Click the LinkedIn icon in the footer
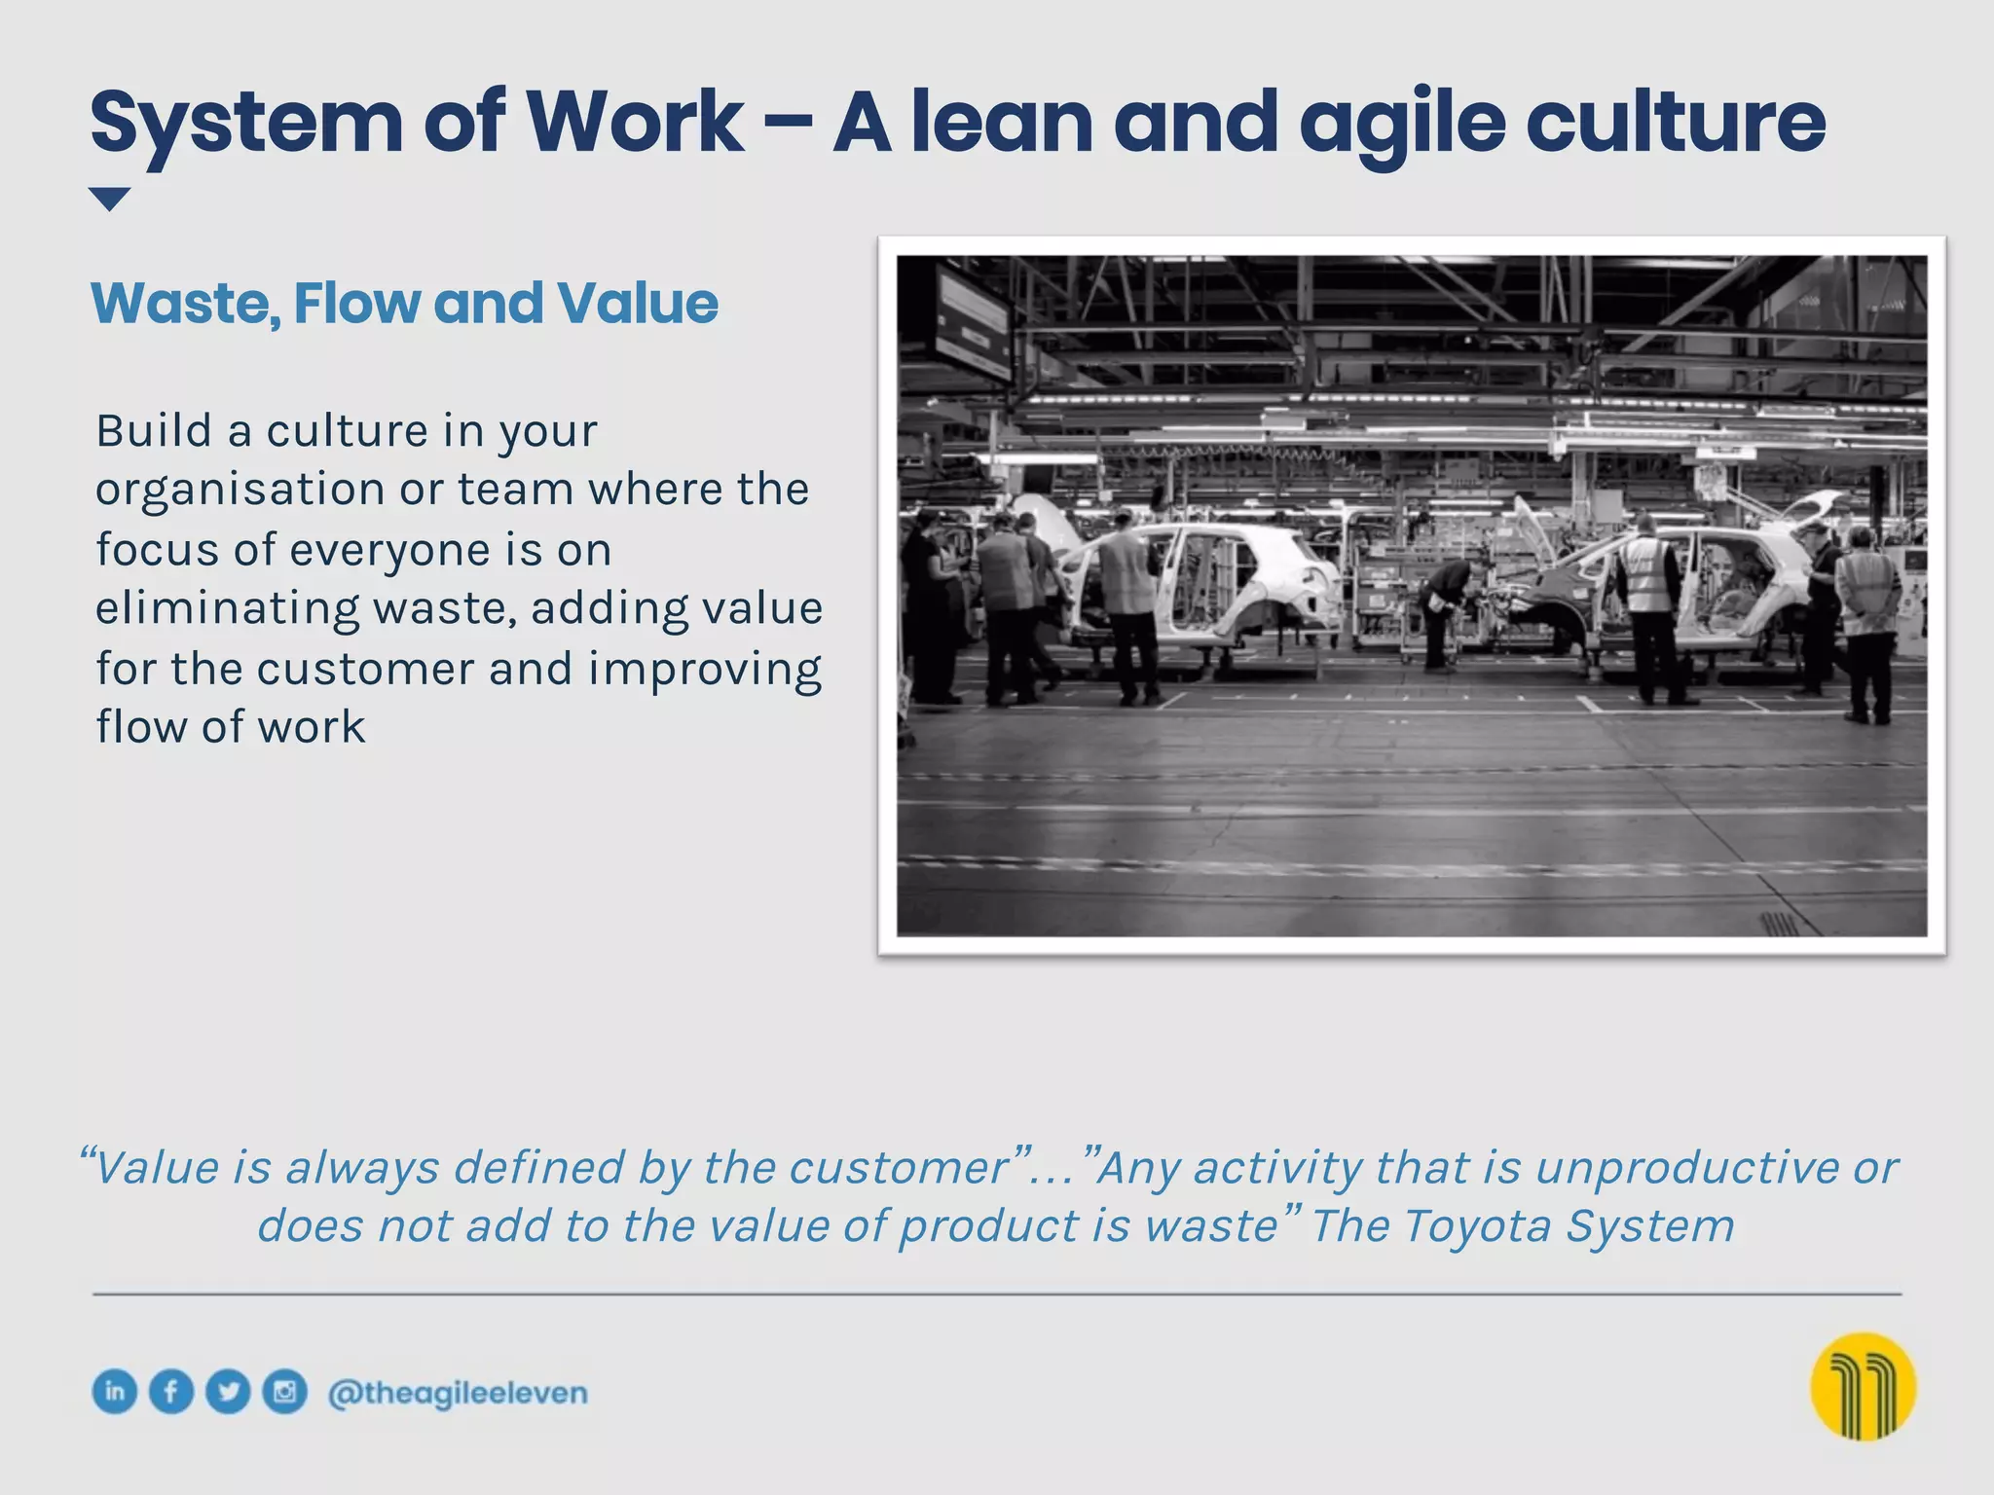click(x=115, y=1391)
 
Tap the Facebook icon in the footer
click(x=171, y=1391)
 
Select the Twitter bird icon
click(x=228, y=1391)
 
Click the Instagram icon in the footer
click(x=284, y=1391)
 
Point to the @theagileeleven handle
click(x=458, y=1393)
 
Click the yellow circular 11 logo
click(x=1863, y=1386)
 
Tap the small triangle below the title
click(x=109, y=199)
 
